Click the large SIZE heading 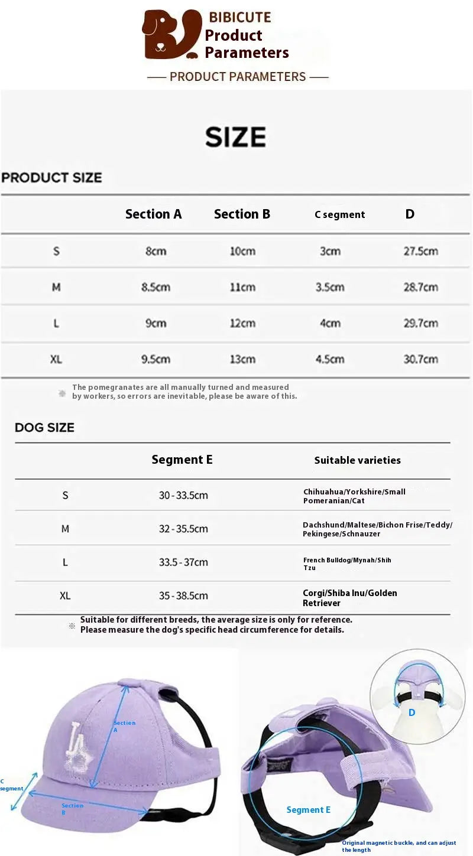(x=235, y=137)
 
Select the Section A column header (x=153, y=214)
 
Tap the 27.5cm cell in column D (x=420, y=251)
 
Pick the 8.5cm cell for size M (x=155, y=287)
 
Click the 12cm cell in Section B (x=242, y=323)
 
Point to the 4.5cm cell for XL (x=330, y=359)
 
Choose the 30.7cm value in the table (x=420, y=359)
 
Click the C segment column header (x=339, y=214)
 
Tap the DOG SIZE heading (x=45, y=428)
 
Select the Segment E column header (x=182, y=460)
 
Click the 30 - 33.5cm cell (x=183, y=495)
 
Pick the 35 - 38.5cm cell (x=183, y=596)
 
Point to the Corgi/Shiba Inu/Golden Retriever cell (x=349, y=598)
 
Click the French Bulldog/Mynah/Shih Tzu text (x=347, y=564)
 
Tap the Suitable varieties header (x=357, y=460)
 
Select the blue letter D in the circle (x=412, y=712)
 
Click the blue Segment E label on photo (x=308, y=810)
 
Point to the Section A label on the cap (x=124, y=726)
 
